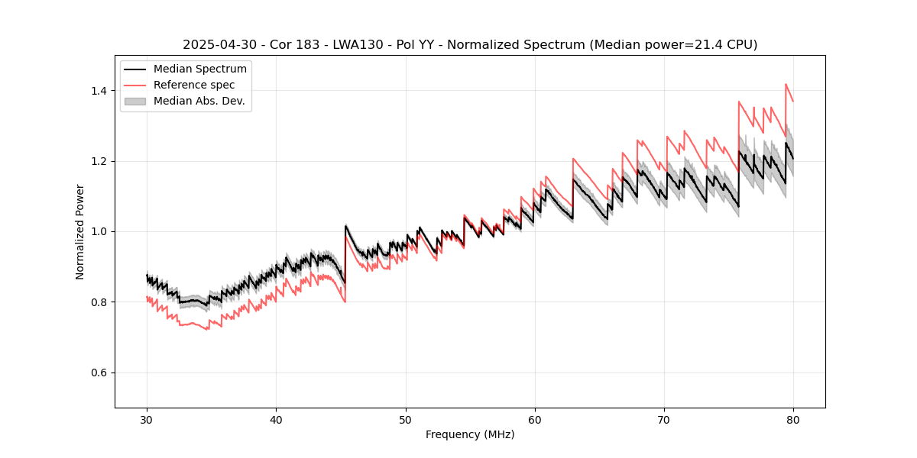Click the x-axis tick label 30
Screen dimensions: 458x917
[x=147, y=419]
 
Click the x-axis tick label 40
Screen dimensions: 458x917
[x=276, y=419]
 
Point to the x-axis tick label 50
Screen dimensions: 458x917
[x=405, y=419]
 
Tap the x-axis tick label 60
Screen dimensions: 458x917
[x=534, y=419]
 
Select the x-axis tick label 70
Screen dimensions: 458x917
[x=663, y=419]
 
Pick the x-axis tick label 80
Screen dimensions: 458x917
[x=792, y=419]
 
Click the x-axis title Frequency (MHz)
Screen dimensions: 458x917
[x=470, y=434]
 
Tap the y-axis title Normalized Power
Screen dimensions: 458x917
[x=79, y=231]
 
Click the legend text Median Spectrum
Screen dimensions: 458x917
[x=199, y=69]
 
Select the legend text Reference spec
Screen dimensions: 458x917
[x=194, y=85]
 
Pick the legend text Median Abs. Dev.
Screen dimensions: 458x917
[x=199, y=101]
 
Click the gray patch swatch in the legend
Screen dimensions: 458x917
[x=135, y=101]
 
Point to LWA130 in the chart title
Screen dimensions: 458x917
[x=340, y=45]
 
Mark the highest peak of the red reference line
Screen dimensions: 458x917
[x=786, y=84]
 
